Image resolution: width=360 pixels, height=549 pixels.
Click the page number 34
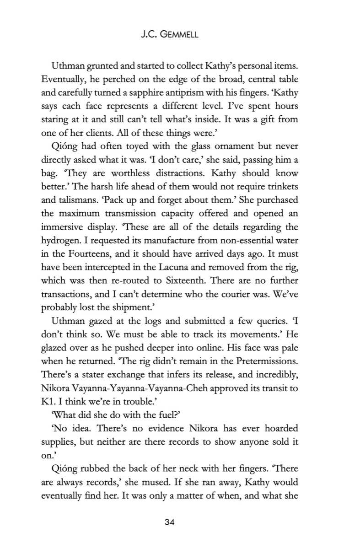coord(180,522)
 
